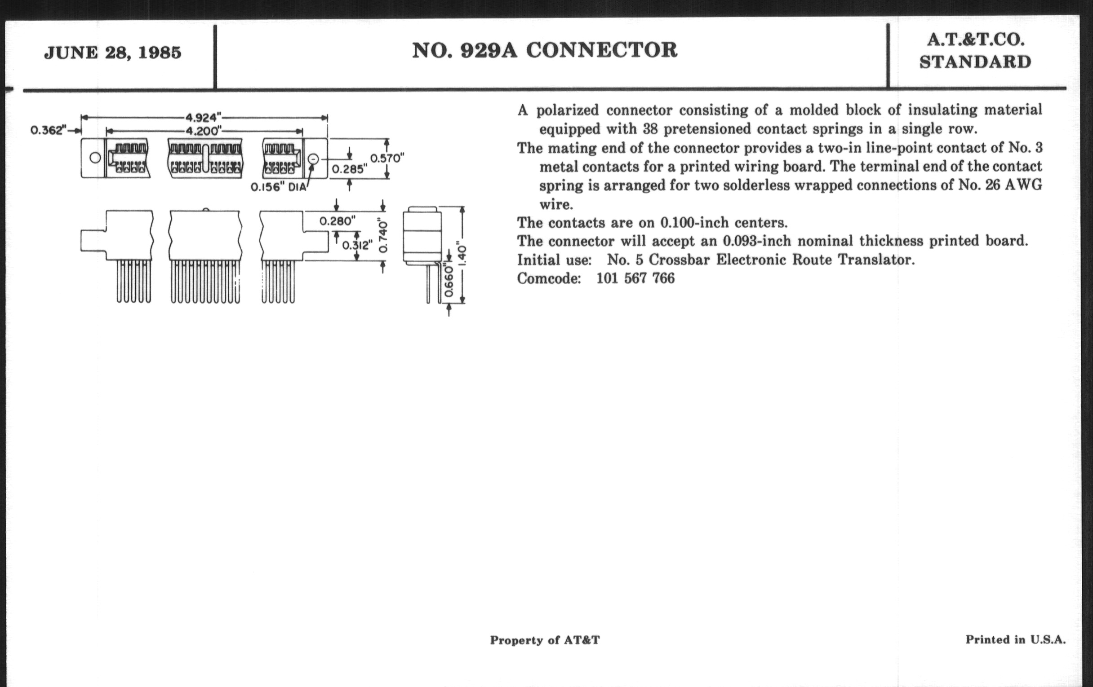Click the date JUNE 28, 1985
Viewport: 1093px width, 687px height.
tap(112, 53)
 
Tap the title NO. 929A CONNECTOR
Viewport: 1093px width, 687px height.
tap(544, 50)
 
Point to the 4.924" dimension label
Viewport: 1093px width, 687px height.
tap(203, 118)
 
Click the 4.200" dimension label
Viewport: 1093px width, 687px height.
tap(203, 132)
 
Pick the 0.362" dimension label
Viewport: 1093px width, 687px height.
tap(49, 131)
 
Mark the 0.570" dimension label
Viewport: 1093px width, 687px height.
tap(387, 158)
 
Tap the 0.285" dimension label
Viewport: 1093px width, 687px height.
tap(349, 169)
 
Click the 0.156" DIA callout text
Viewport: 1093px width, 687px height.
tap(279, 187)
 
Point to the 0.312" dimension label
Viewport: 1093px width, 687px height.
tap(357, 245)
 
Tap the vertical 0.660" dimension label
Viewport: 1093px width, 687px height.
tap(449, 280)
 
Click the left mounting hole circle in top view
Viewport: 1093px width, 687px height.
tap(95, 158)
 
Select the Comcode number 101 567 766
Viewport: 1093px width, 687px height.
tap(635, 278)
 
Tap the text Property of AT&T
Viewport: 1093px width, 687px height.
tap(545, 640)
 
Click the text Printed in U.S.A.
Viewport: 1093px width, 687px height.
tap(1015, 639)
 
